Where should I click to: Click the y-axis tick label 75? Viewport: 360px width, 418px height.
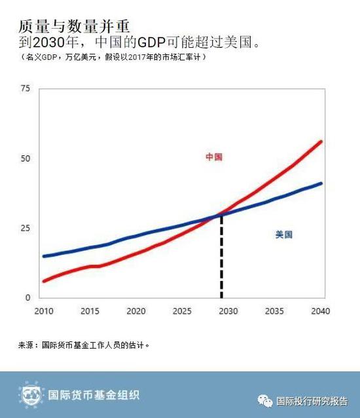pyautogui.click(x=26, y=88)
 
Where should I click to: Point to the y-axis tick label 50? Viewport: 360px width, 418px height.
pyautogui.click(x=26, y=158)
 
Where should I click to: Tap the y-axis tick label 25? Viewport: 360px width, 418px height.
pyautogui.click(x=26, y=228)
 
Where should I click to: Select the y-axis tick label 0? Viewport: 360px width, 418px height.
pyautogui.click(x=28, y=297)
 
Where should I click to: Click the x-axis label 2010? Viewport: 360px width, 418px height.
pyautogui.click(x=43, y=311)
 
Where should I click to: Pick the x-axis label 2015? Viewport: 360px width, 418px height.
pyautogui.click(x=90, y=311)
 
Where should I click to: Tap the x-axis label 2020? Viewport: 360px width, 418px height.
pyautogui.click(x=136, y=311)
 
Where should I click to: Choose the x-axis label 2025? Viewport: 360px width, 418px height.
pyautogui.click(x=183, y=311)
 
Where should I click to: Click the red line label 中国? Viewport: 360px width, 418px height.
pyautogui.click(x=214, y=157)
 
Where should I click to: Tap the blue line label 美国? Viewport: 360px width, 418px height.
pyautogui.click(x=283, y=234)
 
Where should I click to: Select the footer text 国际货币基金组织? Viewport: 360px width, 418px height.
pyautogui.click(x=94, y=395)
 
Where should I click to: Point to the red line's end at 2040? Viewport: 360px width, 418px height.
pyautogui.click(x=321, y=142)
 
